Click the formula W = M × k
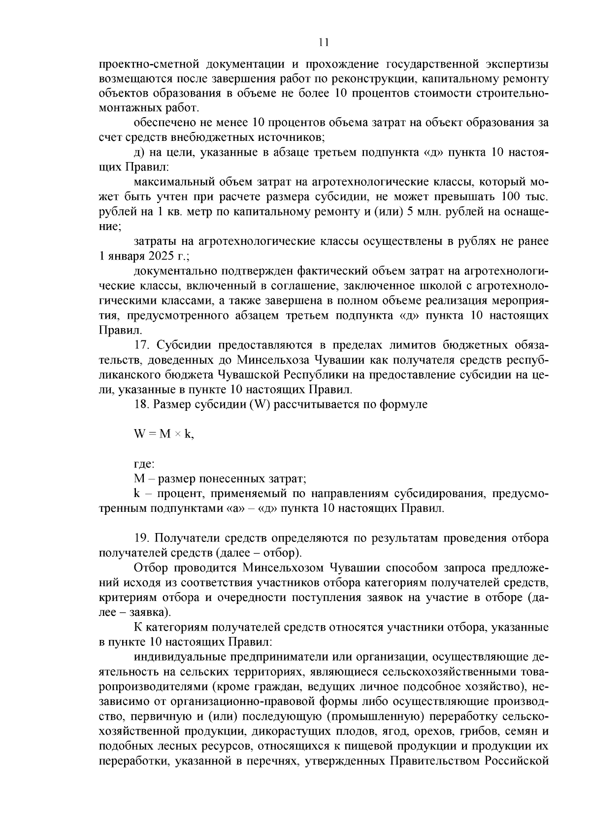tap(164, 434)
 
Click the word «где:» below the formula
tap(144, 464)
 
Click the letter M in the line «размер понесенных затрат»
tap(139, 478)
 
